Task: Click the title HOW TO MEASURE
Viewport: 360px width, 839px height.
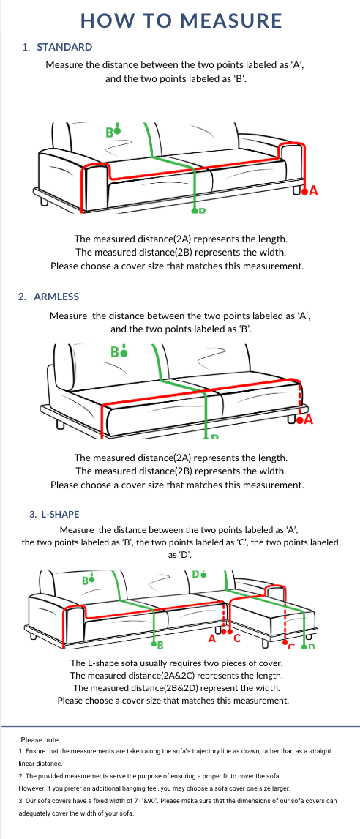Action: click(180, 20)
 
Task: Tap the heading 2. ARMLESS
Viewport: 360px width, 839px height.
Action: click(49, 297)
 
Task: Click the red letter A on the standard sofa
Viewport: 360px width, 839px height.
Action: click(314, 191)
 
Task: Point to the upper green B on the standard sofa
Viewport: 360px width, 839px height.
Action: click(109, 133)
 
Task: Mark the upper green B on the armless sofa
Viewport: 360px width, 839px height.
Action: click(115, 351)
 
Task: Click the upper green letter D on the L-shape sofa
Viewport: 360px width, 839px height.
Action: click(196, 574)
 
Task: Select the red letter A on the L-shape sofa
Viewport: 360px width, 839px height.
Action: click(212, 638)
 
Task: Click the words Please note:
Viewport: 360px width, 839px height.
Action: click(40, 740)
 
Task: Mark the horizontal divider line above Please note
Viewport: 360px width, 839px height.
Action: click(180, 726)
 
